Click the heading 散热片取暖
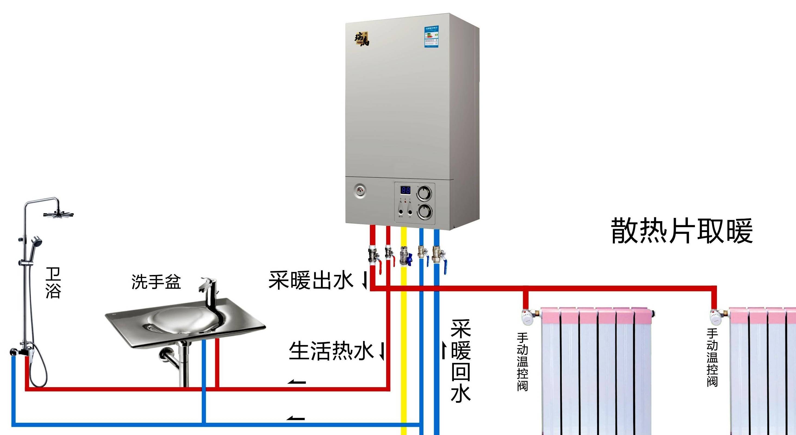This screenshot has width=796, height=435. tap(682, 231)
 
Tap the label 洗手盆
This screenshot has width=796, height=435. tap(156, 282)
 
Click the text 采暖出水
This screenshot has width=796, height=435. tap(310, 280)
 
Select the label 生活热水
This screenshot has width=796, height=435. tap(331, 351)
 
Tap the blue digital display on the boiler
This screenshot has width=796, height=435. tap(405, 190)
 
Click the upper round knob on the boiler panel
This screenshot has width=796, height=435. tap(424, 194)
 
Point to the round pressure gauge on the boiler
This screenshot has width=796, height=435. tap(360, 191)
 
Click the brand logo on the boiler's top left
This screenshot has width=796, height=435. tap(361, 39)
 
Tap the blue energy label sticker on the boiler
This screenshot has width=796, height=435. tap(431, 37)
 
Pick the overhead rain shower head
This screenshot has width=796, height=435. tap(58, 214)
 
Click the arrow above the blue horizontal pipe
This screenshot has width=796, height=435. tap(296, 419)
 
